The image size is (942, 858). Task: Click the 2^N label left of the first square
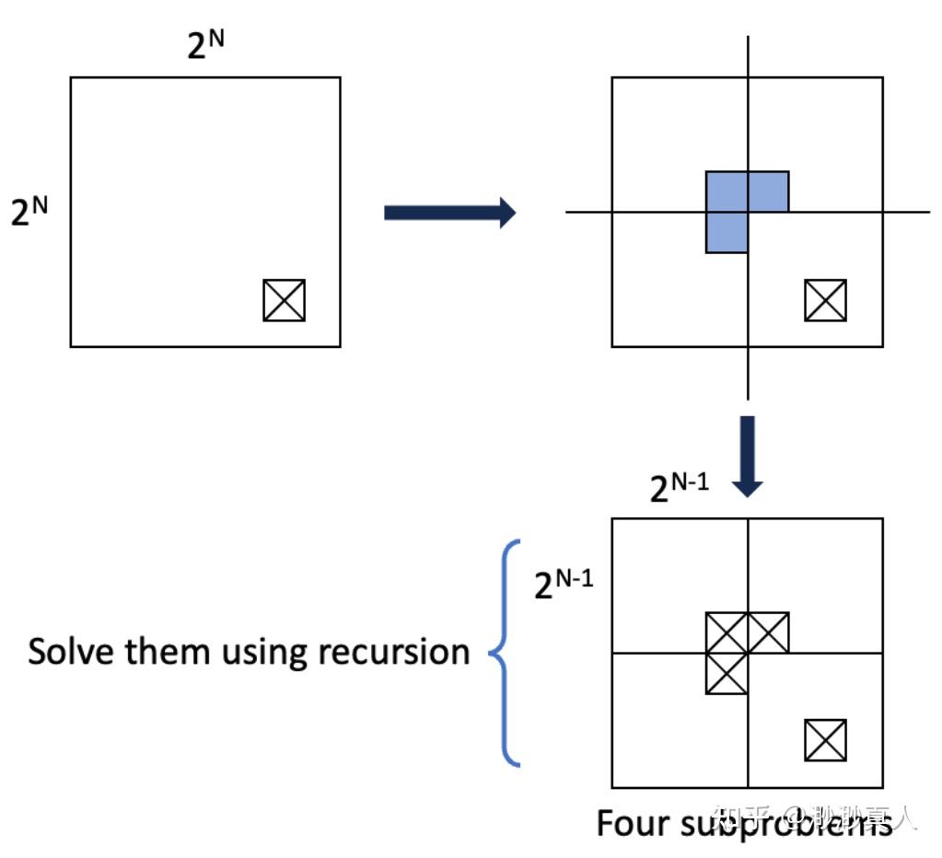point(29,211)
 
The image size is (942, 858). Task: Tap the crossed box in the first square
point(284,300)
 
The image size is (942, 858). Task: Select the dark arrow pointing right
point(448,213)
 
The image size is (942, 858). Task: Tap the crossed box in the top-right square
point(825,300)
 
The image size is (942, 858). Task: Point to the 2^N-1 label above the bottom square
point(680,486)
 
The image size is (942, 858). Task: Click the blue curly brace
point(505,653)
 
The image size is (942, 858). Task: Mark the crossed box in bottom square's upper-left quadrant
point(726,632)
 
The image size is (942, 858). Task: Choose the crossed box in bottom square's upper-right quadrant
point(768,632)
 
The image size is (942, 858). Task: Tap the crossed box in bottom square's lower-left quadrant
point(726,673)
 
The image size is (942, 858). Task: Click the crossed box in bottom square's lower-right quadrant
point(825,740)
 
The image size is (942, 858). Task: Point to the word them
point(169,652)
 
